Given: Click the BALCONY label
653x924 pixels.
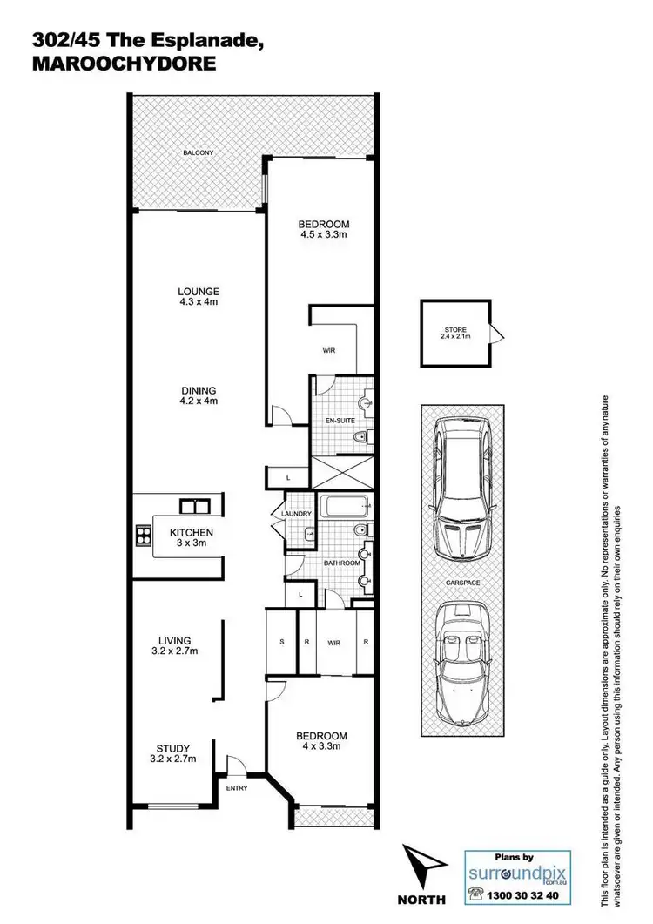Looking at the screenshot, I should click(x=198, y=153).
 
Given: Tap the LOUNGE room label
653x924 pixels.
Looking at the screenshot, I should click(x=197, y=292).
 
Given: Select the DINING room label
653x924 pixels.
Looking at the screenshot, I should click(x=197, y=390).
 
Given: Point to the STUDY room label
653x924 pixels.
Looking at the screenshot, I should click(x=172, y=747).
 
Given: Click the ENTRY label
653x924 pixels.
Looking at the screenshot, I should click(x=237, y=788).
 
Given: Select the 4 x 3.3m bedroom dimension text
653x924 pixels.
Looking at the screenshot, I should click(x=321, y=745).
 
